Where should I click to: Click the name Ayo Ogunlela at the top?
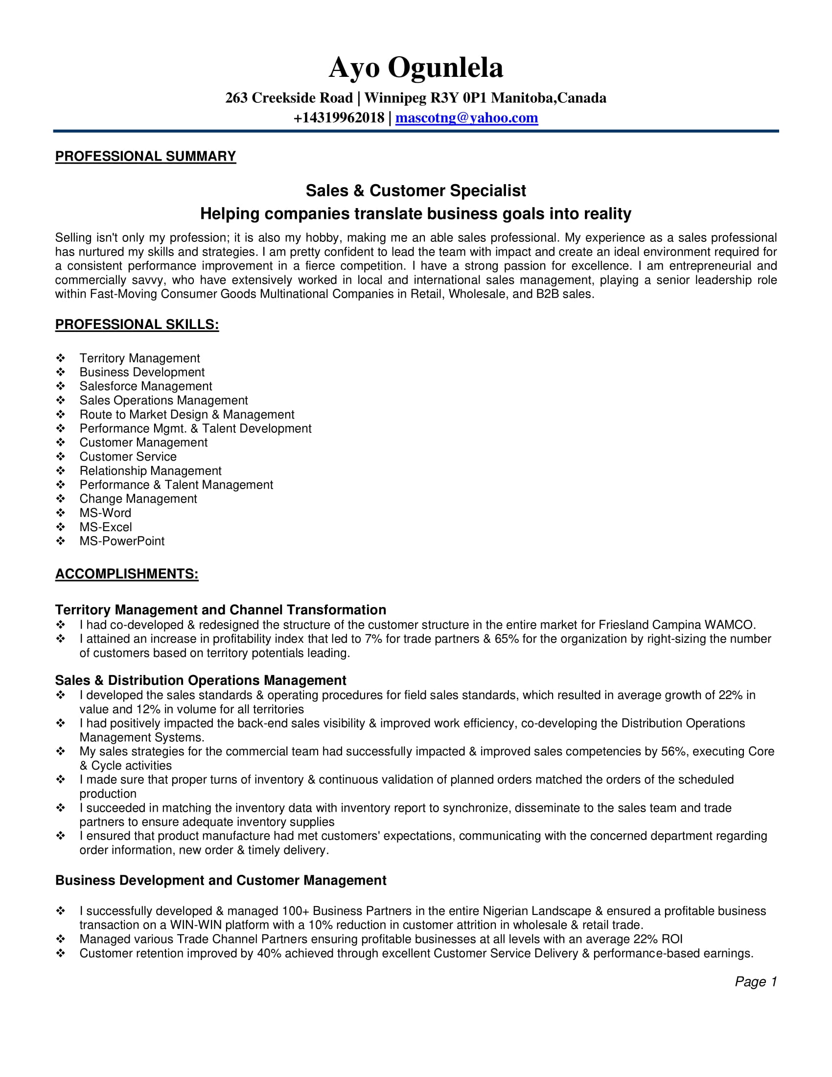(416, 68)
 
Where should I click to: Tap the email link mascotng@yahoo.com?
(466, 118)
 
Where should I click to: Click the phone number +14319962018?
(339, 118)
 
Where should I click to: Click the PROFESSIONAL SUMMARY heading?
(145, 156)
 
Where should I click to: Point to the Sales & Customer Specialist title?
(416, 190)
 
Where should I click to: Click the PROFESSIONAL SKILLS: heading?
(137, 325)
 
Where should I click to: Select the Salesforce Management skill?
(145, 386)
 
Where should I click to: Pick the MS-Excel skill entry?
(106, 527)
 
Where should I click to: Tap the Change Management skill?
(138, 498)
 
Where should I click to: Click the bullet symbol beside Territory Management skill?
(61, 358)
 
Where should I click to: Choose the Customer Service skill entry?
(128, 457)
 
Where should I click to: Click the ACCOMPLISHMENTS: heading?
(127, 574)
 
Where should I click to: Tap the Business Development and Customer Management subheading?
(220, 881)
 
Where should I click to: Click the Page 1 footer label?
(755, 982)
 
